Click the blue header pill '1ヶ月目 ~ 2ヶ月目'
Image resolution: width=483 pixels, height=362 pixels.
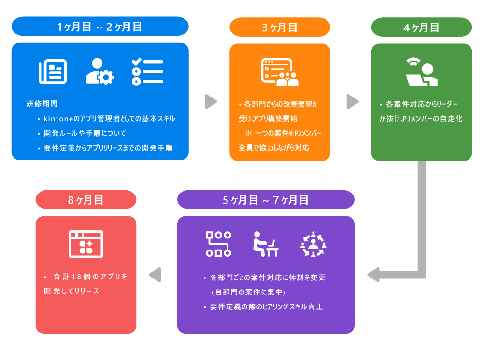pyautogui.click(x=99, y=27)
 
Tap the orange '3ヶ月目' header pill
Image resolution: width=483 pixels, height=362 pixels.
pyautogui.click(x=280, y=27)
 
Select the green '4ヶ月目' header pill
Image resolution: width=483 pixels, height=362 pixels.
pyautogui.click(x=421, y=27)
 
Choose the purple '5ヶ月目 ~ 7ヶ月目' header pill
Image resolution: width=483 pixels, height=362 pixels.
pyautogui.click(x=266, y=199)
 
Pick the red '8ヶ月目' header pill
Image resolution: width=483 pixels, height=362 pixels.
pyautogui.click(x=86, y=199)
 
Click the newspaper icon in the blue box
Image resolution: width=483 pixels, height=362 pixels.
pyautogui.click(x=53, y=72)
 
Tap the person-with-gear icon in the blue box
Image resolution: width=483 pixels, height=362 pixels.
pyautogui.click(x=99, y=71)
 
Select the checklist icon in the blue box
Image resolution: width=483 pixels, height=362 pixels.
pyautogui.click(x=147, y=72)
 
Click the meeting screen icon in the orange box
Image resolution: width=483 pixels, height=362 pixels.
pyautogui.click(x=280, y=72)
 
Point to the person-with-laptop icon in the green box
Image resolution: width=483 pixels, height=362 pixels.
pyautogui.click(x=421, y=72)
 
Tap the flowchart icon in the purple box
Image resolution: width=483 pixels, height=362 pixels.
pyautogui.click(x=218, y=244)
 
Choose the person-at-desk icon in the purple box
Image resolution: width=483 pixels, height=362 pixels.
pyautogui.click(x=265, y=244)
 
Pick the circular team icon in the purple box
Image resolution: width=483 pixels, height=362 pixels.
pyautogui.click(x=313, y=244)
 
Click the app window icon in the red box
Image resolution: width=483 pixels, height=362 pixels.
pyautogui.click(x=86, y=243)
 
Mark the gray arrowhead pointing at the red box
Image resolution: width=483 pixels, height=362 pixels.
pyautogui.click(x=155, y=275)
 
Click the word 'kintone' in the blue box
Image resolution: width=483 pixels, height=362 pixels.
pyautogui.click(x=58, y=119)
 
